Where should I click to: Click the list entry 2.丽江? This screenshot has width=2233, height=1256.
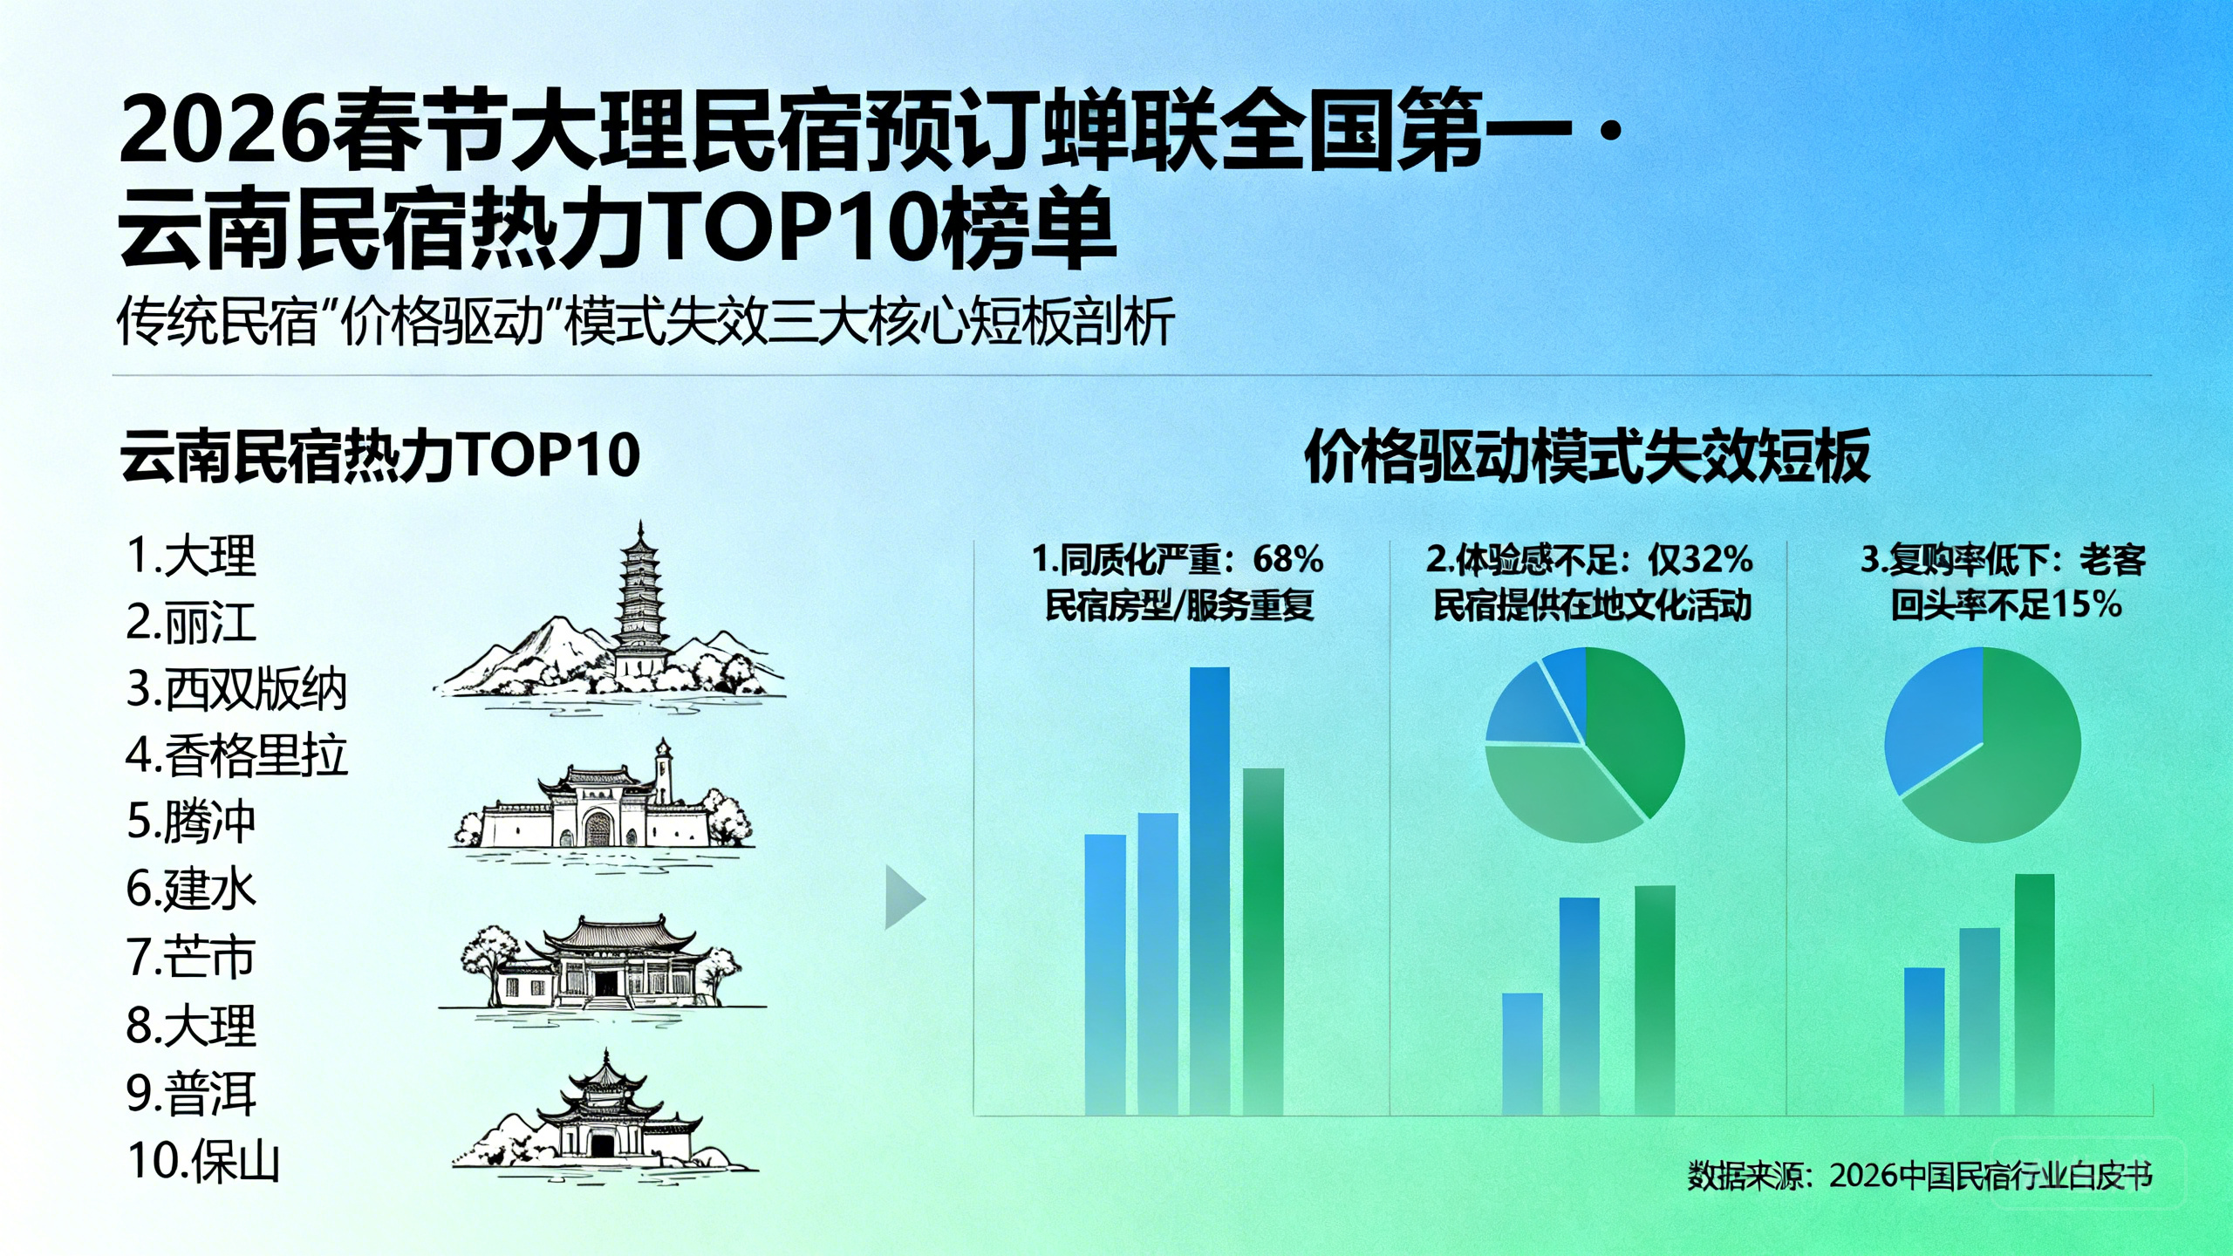[191, 623]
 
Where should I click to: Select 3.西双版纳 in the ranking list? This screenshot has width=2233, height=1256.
[236, 689]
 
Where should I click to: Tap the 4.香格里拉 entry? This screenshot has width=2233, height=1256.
[236, 755]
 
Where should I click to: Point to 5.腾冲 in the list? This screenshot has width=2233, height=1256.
[191, 822]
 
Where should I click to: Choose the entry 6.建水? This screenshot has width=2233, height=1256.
[191, 889]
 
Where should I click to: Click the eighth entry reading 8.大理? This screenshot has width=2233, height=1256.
[191, 1026]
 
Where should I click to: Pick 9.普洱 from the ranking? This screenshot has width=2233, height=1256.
[191, 1094]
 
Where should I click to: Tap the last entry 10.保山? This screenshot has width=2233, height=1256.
[203, 1161]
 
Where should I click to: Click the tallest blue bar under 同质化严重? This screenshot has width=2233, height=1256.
[1210, 891]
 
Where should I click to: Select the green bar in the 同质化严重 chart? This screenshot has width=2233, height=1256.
[1263, 941]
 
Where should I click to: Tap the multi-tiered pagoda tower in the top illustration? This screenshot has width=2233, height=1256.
[642, 602]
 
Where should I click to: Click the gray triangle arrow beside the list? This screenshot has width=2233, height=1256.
[904, 897]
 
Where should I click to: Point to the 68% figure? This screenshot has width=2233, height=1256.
[1288, 559]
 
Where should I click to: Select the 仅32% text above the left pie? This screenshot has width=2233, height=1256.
[1700, 559]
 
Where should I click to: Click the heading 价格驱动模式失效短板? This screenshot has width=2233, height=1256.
[1588, 456]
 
